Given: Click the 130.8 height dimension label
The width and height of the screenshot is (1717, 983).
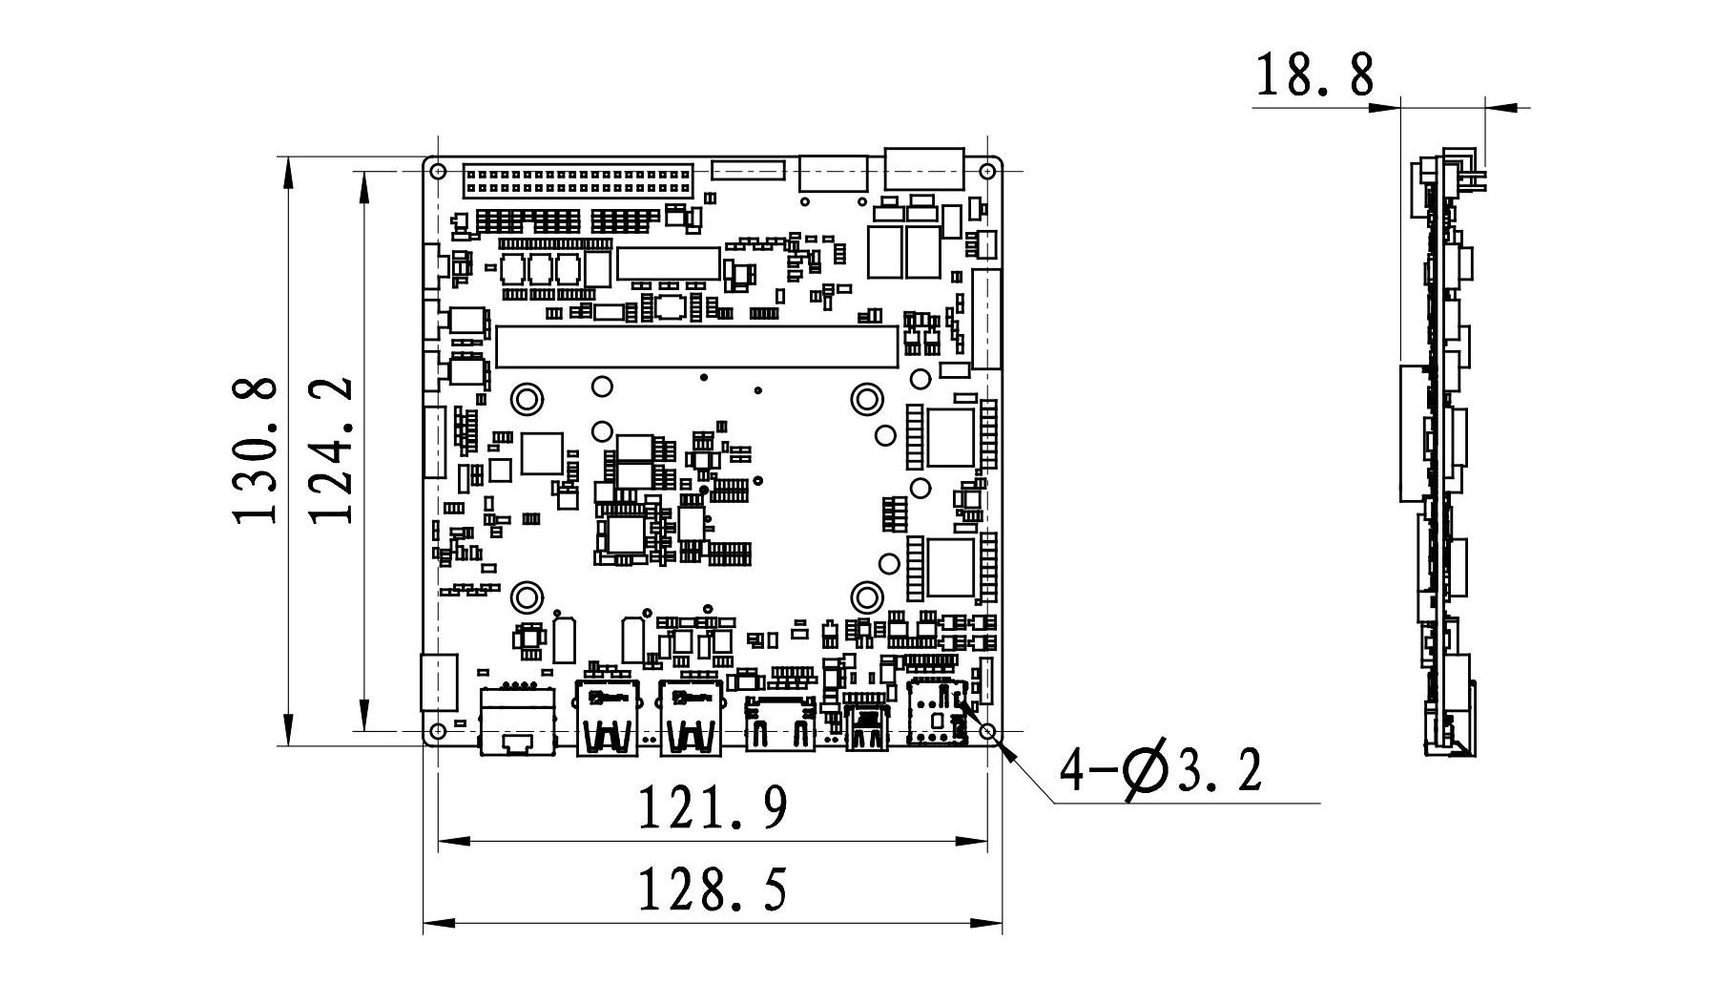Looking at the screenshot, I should tap(255, 450).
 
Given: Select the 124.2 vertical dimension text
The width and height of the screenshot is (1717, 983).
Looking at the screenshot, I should tap(332, 450).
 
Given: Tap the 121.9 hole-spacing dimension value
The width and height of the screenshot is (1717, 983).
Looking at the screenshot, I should tap(712, 807).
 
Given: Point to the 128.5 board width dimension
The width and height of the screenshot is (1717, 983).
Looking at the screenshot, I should tap(712, 889).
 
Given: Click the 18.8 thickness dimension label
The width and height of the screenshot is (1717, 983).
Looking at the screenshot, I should tap(1314, 75).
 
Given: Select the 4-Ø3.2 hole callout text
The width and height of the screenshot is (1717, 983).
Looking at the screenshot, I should tap(1162, 771).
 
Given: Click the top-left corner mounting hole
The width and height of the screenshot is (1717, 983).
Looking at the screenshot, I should tap(438, 172).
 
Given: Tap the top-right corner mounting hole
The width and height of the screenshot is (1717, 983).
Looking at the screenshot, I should tap(987, 172).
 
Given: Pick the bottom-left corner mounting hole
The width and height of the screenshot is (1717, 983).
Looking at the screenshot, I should tap(438, 731).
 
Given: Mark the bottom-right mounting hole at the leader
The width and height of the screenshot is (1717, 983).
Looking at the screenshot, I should tap(987, 731).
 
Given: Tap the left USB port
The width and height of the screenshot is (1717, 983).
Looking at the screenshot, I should tap(607, 720).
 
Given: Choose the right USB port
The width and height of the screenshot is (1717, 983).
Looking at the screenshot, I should tap(690, 720).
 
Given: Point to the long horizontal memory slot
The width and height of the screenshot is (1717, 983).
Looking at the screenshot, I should tap(696, 346).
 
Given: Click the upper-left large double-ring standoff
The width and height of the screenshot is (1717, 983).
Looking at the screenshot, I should tap(526, 398).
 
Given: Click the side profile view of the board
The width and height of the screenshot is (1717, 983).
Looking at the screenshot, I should tap(1442, 453).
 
